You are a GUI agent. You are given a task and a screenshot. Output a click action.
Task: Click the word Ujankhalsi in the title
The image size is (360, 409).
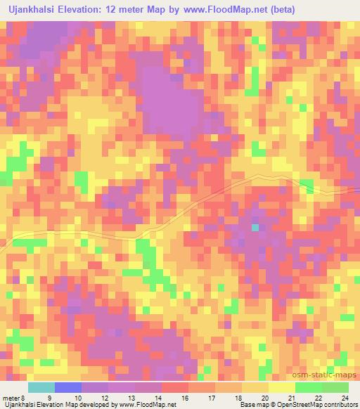33,9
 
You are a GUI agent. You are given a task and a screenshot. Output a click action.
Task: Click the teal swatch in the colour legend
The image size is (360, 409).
41,387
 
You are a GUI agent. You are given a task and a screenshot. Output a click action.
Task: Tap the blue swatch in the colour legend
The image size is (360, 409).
68,387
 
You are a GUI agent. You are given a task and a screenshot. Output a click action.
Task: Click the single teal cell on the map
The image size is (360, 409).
255,228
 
